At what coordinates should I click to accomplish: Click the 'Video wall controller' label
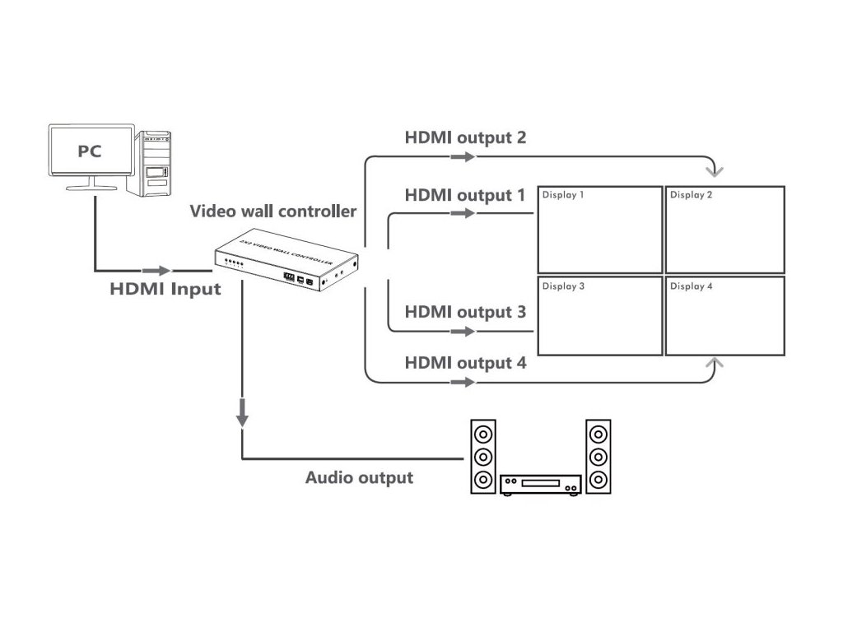coord(273,211)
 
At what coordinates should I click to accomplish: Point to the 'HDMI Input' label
coord(165,289)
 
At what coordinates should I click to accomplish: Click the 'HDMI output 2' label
coord(465,137)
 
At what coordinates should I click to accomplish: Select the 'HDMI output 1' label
coord(464,196)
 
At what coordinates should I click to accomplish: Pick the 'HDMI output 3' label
coord(465,313)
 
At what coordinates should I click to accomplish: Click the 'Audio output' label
coord(359,477)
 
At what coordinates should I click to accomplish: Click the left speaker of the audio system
coord(483,457)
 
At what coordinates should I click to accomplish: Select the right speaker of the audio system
coord(598,457)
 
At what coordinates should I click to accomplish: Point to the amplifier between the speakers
coord(541,484)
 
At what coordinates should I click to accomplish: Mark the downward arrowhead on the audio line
coord(242,416)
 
